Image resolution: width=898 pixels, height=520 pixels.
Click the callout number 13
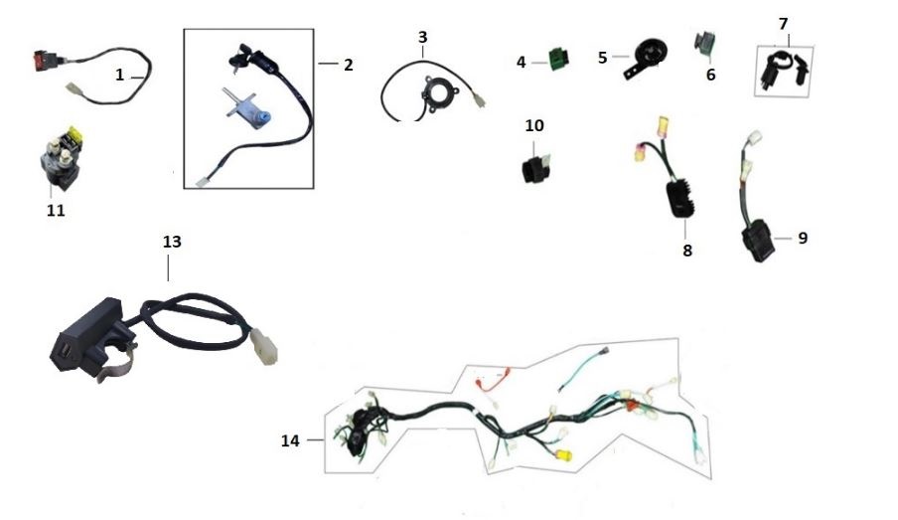(172, 242)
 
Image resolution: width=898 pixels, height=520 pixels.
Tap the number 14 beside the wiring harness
(290, 440)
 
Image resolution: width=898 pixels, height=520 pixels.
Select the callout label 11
(56, 211)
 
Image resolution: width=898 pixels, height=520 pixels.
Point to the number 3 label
(422, 37)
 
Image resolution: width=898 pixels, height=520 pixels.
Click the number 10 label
(534, 125)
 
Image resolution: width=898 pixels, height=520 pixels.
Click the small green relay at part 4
(559, 60)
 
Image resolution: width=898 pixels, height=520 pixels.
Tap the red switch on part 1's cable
(44, 60)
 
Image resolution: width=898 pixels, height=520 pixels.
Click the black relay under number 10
(536, 167)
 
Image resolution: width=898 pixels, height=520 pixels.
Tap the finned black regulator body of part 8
(680, 199)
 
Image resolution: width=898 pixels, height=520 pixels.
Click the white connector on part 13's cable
(264, 346)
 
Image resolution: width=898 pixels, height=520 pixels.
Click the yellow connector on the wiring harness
(563, 455)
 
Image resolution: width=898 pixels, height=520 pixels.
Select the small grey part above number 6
(704, 45)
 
